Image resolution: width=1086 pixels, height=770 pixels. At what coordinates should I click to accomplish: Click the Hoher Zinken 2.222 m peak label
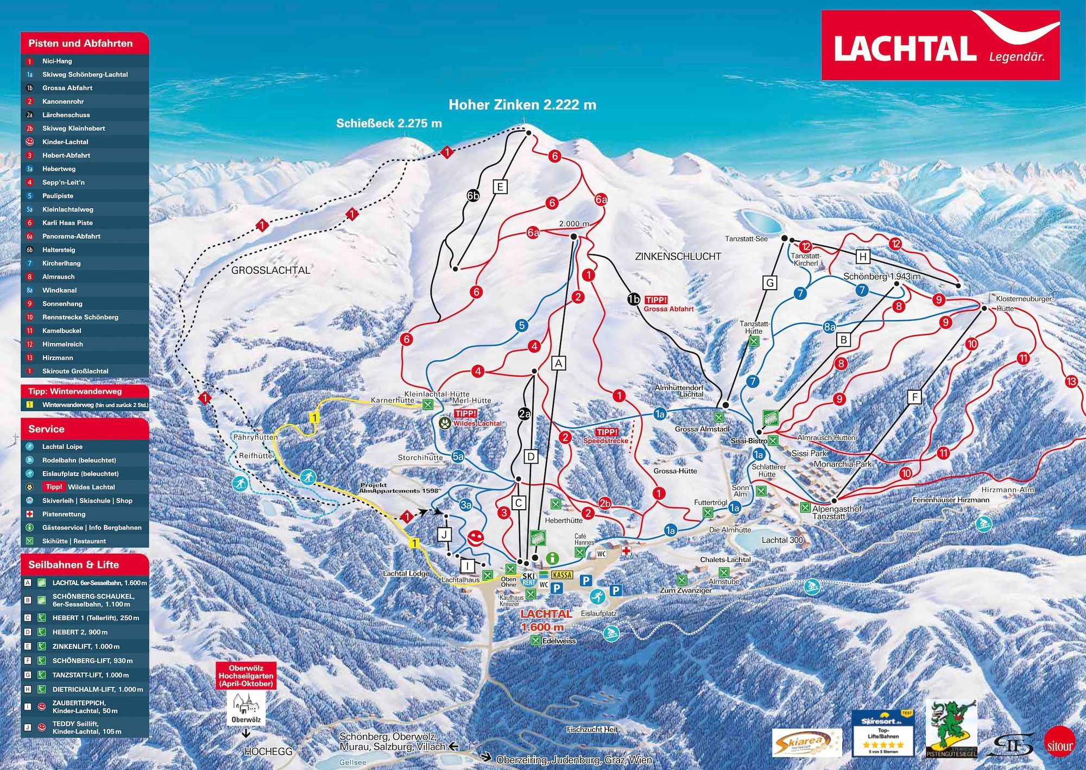[x=522, y=105]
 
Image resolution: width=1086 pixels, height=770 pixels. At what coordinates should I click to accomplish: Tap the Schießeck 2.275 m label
[x=389, y=123]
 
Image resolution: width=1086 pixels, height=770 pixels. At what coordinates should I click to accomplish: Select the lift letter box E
[x=500, y=187]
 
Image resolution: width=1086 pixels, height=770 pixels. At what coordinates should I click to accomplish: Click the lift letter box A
[x=558, y=363]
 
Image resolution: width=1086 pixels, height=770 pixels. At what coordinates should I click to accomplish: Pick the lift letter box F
[x=914, y=397]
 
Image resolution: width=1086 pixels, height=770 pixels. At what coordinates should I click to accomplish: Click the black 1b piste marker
[x=633, y=299]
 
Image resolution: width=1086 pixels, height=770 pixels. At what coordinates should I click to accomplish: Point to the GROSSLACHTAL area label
[x=270, y=270]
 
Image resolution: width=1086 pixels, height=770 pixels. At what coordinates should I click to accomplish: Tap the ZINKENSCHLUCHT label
[x=678, y=256]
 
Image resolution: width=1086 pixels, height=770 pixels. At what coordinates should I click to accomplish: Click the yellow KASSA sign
[x=561, y=575]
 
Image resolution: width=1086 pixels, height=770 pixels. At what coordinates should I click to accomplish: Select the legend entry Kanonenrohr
[x=63, y=102]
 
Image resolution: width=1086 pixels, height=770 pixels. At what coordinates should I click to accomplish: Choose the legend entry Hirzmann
[x=58, y=358]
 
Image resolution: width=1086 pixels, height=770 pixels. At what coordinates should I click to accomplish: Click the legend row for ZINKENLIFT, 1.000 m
[x=86, y=647]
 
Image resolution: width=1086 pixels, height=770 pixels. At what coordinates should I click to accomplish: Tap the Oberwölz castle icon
[x=246, y=705]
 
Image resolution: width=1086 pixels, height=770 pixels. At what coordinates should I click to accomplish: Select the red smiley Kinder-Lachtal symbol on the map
[x=476, y=539]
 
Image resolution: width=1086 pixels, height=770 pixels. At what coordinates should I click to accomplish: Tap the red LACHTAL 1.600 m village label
[x=545, y=620]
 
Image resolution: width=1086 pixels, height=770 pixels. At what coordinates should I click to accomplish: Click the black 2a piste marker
[x=524, y=414]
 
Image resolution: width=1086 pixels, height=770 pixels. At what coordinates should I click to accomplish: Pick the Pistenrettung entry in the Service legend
[x=64, y=514]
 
